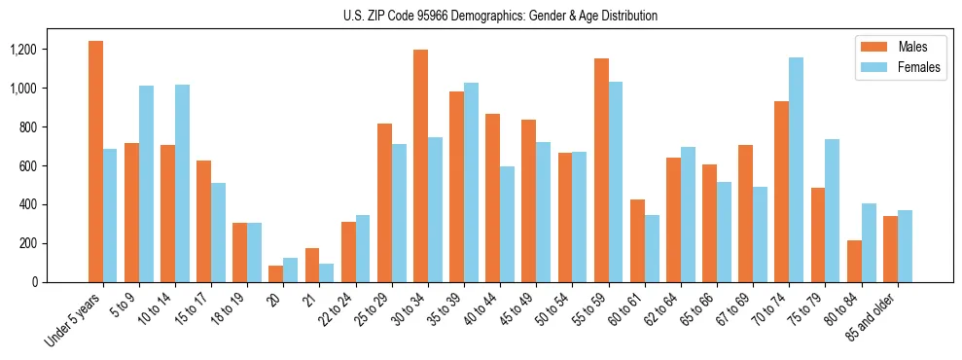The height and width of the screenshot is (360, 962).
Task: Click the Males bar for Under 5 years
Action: (95, 162)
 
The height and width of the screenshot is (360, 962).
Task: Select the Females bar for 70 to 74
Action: (797, 170)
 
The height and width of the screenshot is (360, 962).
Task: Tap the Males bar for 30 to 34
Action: (420, 165)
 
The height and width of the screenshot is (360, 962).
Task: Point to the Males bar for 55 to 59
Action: (601, 170)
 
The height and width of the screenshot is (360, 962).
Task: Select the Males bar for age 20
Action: (276, 273)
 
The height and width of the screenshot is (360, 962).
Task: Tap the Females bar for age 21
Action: (327, 272)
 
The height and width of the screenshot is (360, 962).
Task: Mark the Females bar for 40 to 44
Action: (508, 224)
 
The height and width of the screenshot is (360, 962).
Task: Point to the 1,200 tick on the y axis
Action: (49, 50)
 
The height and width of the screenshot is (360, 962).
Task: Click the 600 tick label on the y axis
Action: (54, 166)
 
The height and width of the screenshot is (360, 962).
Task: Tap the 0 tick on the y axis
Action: (60, 282)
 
